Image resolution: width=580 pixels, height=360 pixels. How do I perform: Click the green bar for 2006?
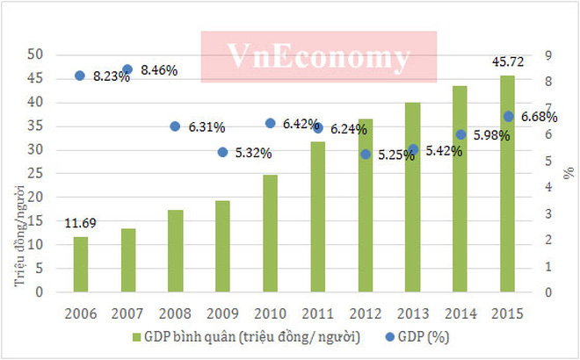pyautogui.click(x=80, y=264)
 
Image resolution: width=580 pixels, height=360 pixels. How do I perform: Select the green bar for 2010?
pyautogui.click(x=270, y=234)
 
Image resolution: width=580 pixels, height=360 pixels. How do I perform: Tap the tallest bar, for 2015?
pyautogui.click(x=507, y=184)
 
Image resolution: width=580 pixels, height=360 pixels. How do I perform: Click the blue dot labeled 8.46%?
pyautogui.click(x=127, y=69)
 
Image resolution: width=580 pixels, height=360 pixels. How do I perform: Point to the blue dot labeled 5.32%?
pyautogui.click(x=222, y=152)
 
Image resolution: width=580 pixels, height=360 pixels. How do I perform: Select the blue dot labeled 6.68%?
pyautogui.click(x=508, y=116)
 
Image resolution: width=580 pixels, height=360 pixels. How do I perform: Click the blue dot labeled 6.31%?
pyautogui.click(x=175, y=126)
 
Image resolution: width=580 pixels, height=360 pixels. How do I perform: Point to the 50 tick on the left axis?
pyautogui.click(x=37, y=54)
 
